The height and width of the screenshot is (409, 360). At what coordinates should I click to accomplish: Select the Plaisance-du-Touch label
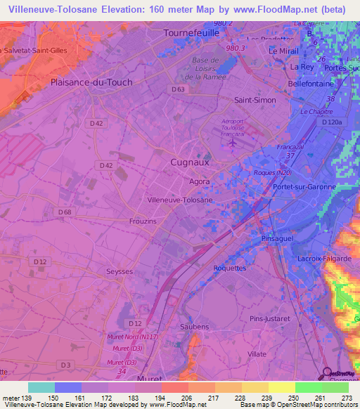tap(91, 82)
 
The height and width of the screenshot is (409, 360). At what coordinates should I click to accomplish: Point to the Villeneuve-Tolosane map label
tap(180, 200)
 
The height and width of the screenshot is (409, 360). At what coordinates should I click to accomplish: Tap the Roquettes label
tap(229, 268)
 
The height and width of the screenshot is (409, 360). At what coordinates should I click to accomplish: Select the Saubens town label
tap(195, 327)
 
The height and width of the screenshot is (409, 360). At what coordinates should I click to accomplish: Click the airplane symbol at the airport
tap(233, 143)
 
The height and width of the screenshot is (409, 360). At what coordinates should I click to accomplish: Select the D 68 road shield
tap(65, 212)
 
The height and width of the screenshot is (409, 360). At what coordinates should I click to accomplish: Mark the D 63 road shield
tap(178, 90)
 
